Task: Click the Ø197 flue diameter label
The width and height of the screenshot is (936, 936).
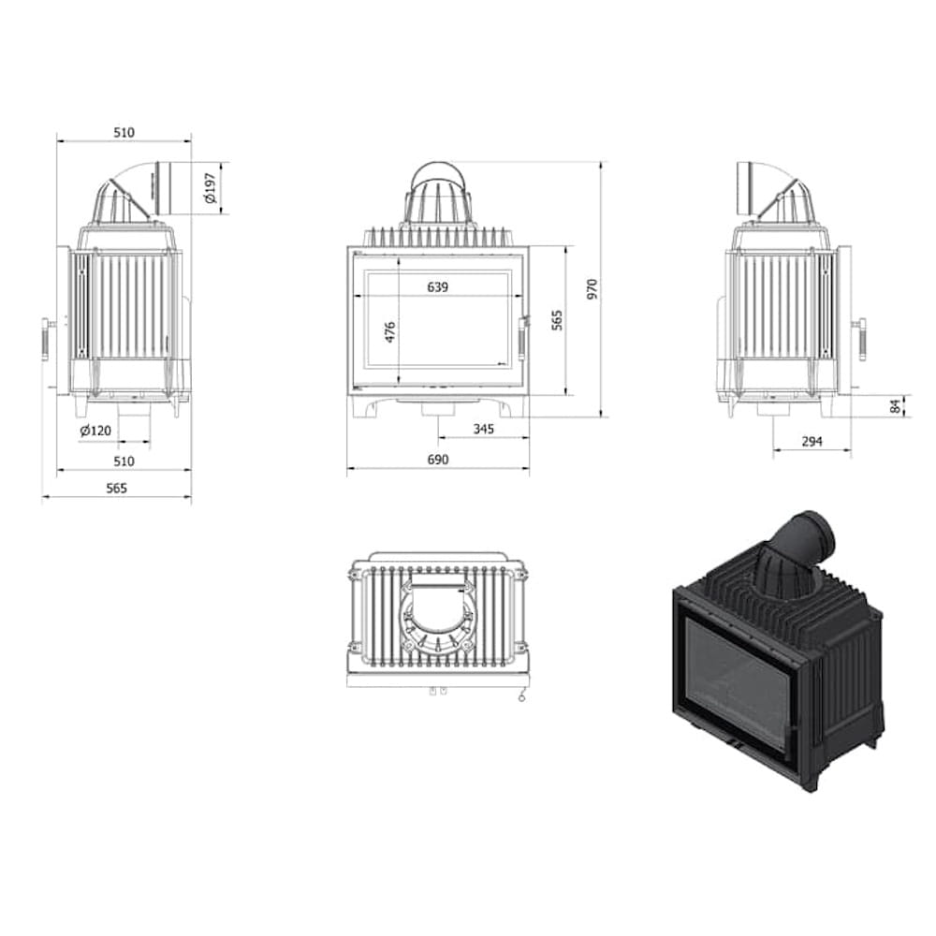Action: tap(210, 188)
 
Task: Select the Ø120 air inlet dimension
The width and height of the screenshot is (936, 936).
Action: tap(95, 431)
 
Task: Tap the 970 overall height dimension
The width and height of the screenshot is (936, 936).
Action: tap(591, 289)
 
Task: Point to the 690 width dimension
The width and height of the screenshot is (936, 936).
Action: tap(437, 460)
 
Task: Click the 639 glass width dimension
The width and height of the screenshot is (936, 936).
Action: tap(437, 287)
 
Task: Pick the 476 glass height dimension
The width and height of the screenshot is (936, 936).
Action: tap(390, 331)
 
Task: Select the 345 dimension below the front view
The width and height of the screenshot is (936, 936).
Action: tap(483, 430)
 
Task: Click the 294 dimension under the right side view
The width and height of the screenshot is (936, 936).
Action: tap(812, 442)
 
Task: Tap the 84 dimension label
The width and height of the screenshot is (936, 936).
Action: tap(895, 406)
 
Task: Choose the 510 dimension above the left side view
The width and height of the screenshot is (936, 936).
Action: tap(124, 133)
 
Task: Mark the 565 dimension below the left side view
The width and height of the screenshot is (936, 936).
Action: tap(116, 488)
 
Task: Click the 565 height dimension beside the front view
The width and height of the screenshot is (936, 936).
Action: tap(557, 321)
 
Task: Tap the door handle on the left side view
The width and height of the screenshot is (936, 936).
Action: tap(45, 338)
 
